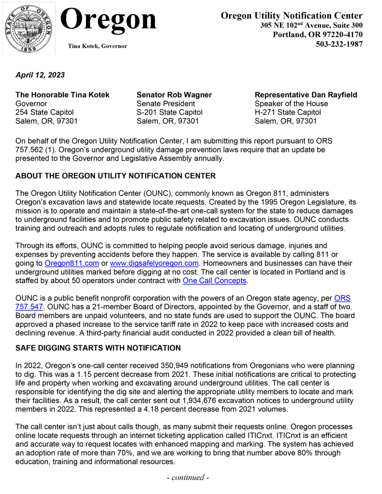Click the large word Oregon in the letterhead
tap(110, 20)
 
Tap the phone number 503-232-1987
tap(339, 44)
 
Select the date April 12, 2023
tap(40, 75)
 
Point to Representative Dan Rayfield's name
tap(306, 95)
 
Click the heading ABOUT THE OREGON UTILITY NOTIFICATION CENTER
tap(116, 176)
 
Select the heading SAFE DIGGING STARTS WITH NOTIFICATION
tap(98, 348)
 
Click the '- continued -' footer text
tap(191, 478)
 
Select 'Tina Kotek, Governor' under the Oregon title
tap(98, 46)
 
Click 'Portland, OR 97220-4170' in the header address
tap(317, 35)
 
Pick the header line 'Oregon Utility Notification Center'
tap(291, 16)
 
